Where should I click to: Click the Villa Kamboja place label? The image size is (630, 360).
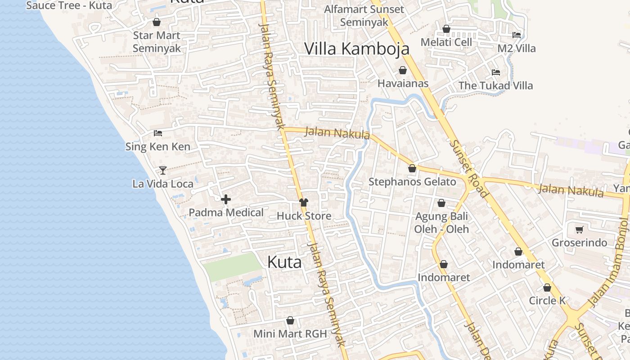point(357,49)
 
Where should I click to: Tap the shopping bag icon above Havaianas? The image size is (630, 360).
point(403,70)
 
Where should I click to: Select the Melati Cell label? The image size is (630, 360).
point(446,42)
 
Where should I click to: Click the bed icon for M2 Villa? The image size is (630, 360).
point(517,35)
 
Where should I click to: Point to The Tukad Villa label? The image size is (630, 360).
point(495,85)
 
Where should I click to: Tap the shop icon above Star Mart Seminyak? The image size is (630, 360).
point(157,22)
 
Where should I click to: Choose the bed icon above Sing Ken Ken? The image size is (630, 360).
point(158,133)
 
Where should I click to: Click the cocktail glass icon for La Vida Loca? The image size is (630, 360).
point(163,170)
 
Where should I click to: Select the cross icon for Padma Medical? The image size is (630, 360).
point(226,199)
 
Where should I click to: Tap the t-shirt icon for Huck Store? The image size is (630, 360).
point(304,202)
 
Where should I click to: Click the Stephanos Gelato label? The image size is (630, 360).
point(412,182)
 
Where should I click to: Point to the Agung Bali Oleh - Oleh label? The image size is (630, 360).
point(441,223)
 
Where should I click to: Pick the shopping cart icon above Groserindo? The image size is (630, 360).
point(580,229)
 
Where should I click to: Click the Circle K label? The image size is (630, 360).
point(547,301)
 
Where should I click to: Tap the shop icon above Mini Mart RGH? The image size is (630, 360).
point(290,320)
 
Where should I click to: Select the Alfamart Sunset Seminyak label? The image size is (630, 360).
point(364,16)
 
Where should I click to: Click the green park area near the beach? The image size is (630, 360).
point(232,266)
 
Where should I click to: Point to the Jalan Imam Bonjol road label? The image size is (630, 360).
point(608,261)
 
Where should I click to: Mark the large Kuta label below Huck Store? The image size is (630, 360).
point(284,262)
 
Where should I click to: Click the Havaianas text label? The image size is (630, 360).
point(403,83)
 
